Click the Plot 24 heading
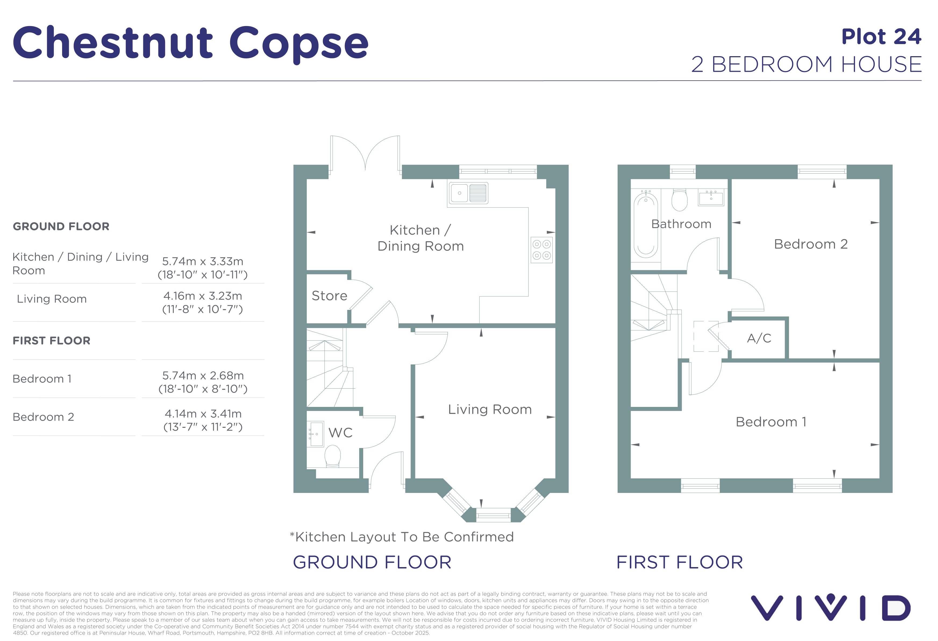pyautogui.click(x=881, y=37)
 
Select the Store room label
pyautogui.click(x=329, y=296)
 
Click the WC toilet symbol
pyautogui.click(x=333, y=456)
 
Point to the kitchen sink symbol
pyautogui.click(x=468, y=193)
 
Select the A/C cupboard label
pyautogui.click(x=759, y=338)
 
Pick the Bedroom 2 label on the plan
pyautogui.click(x=811, y=244)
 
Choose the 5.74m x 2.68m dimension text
pyautogui.click(x=203, y=375)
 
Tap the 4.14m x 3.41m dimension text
pyautogui.click(x=203, y=413)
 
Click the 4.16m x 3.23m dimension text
pyautogui.click(x=203, y=296)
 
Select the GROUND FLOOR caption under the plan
pyautogui.click(x=372, y=562)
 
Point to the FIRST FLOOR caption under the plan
pyautogui.click(x=680, y=562)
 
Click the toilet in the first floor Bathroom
pyautogui.click(x=680, y=200)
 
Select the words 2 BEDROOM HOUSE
pyautogui.click(x=807, y=65)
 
